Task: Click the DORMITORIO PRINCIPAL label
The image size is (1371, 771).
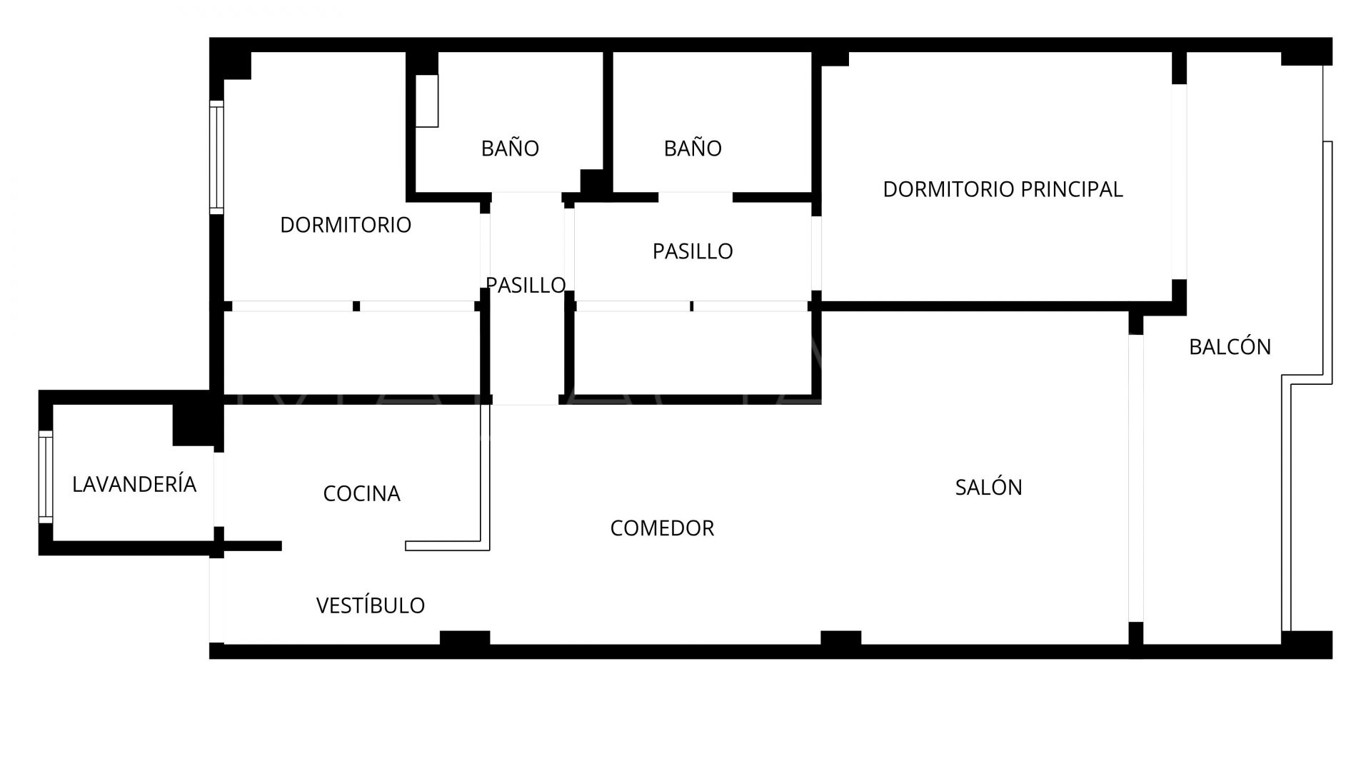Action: [1003, 189]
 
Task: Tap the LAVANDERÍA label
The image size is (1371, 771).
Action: [134, 484]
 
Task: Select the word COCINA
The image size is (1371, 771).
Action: [361, 493]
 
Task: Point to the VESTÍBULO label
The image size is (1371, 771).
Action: [371, 605]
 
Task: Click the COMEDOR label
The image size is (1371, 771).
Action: [662, 528]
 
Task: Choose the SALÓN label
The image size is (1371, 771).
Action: [988, 487]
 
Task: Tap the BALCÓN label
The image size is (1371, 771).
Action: [1230, 346]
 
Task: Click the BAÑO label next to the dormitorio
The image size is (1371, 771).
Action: [510, 148]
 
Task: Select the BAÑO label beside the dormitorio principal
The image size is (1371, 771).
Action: [693, 148]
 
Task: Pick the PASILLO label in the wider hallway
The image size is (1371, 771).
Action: [693, 251]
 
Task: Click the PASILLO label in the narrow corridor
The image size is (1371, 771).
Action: [526, 285]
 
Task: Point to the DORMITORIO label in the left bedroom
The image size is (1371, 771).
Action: [346, 225]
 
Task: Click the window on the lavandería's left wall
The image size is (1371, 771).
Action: [46, 477]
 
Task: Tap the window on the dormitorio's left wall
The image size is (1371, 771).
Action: [216, 157]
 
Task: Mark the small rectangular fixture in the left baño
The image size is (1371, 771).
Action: [427, 101]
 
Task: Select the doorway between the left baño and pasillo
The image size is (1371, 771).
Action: [526, 197]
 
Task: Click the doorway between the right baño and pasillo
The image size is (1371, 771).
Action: [695, 197]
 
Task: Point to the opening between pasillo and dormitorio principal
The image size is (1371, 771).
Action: [816, 253]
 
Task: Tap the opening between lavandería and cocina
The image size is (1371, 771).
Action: [219, 490]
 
